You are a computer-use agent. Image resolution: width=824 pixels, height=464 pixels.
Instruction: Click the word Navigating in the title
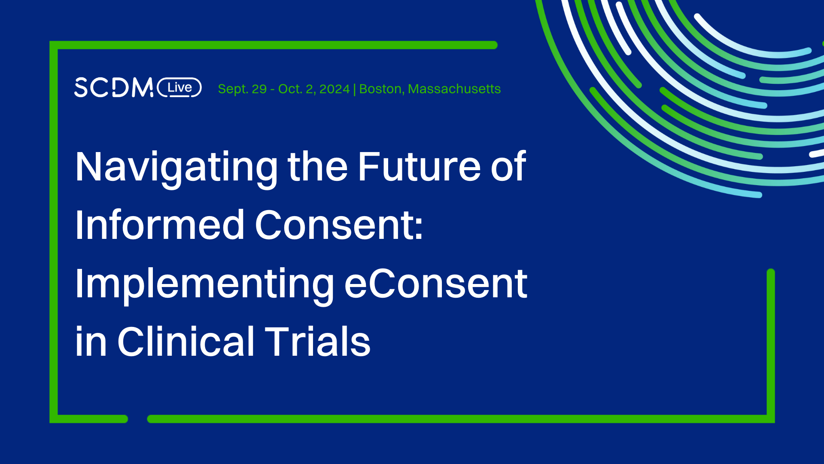176,168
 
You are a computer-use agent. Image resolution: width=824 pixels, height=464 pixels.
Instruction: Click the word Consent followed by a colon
339,225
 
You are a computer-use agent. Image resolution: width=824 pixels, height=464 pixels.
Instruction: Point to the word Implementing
204,284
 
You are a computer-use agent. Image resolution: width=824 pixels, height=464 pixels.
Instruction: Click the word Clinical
186,342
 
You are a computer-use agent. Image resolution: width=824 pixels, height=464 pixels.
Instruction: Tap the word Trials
317,342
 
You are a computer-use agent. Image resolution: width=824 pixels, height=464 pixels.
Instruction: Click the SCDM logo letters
113,88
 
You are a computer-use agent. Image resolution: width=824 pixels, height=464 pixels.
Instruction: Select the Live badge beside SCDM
179,88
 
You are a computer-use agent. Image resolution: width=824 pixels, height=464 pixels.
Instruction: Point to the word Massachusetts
454,89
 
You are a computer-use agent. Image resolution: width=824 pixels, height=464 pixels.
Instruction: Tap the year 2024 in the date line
334,89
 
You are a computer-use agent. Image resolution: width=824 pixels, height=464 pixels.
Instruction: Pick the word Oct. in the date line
290,89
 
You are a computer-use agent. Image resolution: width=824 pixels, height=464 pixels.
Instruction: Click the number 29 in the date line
259,89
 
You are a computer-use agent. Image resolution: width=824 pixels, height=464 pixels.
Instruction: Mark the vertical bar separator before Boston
354,89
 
